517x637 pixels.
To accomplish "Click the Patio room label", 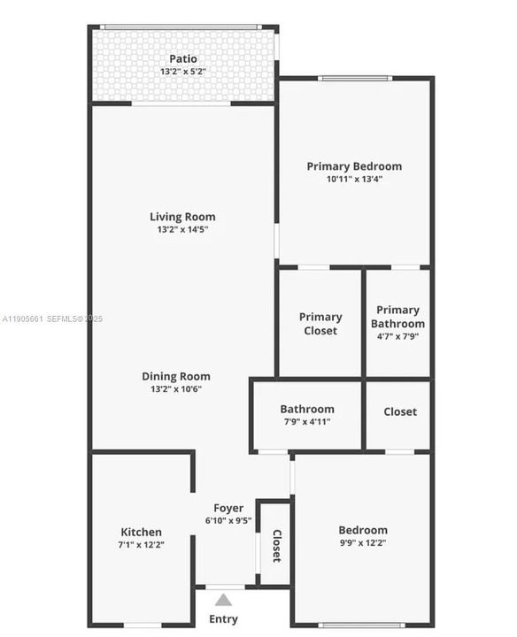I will click(183, 59).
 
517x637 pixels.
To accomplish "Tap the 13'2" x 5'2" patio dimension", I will click(183, 71).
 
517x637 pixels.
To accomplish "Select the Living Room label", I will click(182, 217).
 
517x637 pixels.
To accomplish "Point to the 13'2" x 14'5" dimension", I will click(182, 229).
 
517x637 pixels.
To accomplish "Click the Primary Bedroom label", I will click(354, 166).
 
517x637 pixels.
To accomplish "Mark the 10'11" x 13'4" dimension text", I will click(354, 179).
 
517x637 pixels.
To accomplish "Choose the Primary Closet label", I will click(320, 324).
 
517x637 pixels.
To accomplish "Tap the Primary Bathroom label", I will click(397, 317).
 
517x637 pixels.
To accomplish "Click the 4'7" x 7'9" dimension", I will click(397, 336).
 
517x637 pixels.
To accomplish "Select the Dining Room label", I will click(176, 376).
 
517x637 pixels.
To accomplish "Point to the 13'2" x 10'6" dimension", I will click(176, 388).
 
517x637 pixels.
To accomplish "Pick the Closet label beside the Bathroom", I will click(400, 411).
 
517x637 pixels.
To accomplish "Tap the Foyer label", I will click(228, 508).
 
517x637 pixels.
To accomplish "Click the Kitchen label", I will click(142, 532).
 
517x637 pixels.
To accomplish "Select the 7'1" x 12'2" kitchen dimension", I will click(142, 544).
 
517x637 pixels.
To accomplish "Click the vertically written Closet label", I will click(276, 546).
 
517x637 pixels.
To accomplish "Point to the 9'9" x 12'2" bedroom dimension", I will click(363, 543).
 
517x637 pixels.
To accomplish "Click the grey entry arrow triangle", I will click(223, 600).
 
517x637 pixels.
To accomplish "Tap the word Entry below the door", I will click(223, 618).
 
